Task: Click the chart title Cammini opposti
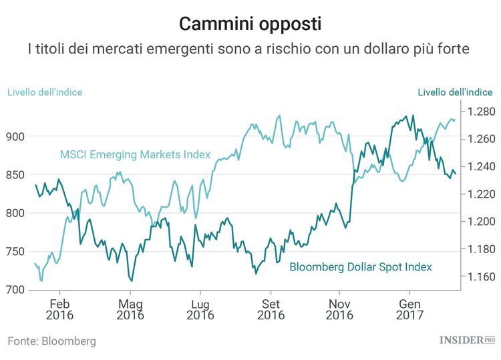coord(251,24)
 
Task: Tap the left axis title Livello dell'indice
coord(45,92)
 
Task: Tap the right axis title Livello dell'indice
coord(456,92)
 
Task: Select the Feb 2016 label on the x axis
coord(59,308)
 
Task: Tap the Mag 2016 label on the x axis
coord(130,308)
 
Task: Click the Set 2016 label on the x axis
coord(270,308)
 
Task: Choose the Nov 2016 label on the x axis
coord(339,308)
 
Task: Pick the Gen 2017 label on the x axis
coord(409,308)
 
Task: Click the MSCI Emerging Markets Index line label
coord(135,155)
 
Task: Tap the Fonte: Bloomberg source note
coord(52,341)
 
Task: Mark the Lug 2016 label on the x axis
coord(200,308)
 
